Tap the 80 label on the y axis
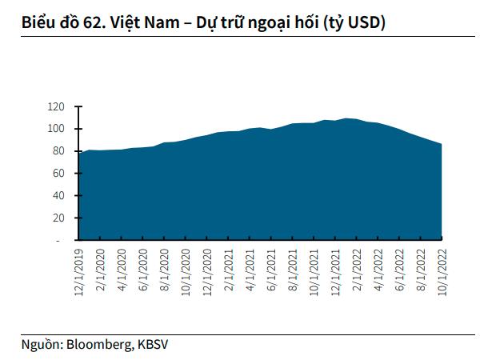(x=58, y=151)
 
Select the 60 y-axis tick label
(x=58, y=173)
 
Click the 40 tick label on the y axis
(x=58, y=195)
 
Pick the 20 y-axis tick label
(x=58, y=218)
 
